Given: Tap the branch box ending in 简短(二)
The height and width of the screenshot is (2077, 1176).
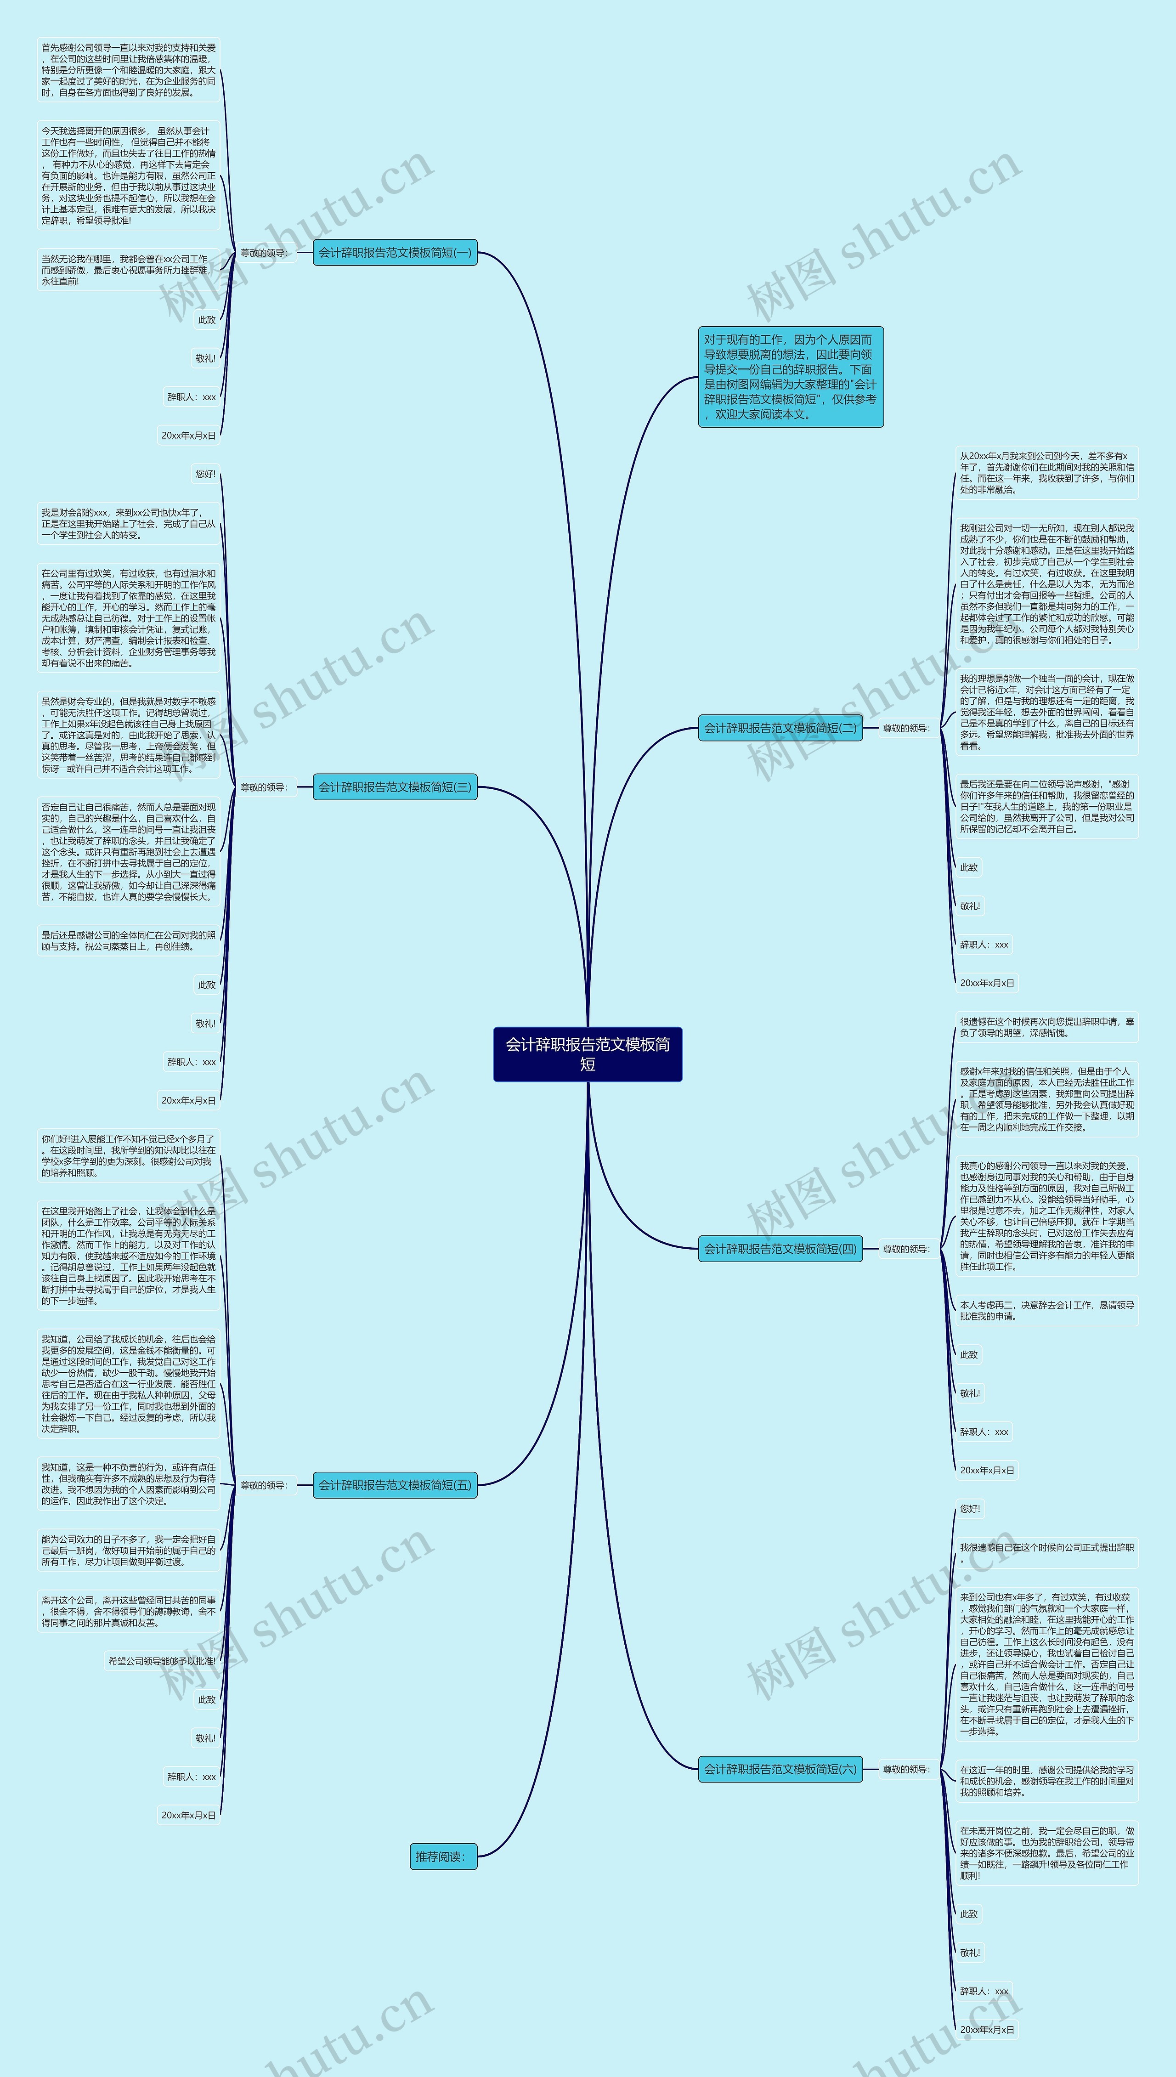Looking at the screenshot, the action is [780, 728].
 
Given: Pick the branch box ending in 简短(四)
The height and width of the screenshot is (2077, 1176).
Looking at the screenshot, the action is [780, 1249].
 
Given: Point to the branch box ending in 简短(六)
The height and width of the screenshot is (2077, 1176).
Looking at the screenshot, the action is [780, 1769].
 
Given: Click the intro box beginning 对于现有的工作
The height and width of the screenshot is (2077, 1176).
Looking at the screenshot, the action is [790, 377].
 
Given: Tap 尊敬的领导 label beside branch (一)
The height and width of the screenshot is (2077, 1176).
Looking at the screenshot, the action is [263, 253].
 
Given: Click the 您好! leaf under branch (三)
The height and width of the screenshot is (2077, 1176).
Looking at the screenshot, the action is [205, 474].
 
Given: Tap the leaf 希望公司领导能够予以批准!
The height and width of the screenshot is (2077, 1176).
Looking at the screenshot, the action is [162, 1661].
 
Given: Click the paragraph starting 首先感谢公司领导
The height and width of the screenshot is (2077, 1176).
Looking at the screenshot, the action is [129, 70].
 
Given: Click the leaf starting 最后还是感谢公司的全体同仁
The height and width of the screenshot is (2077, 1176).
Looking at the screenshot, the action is [129, 941].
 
